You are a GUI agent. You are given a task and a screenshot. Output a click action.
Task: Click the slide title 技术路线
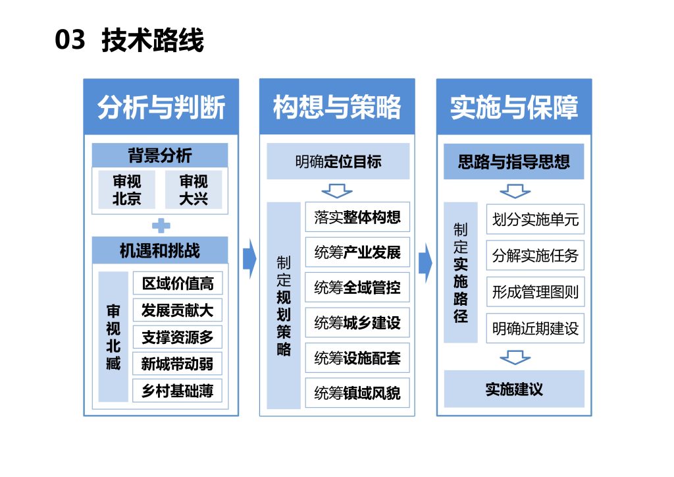pyautogui.click(x=153, y=41)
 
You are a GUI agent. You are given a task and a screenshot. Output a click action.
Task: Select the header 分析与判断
pyautogui.click(x=161, y=107)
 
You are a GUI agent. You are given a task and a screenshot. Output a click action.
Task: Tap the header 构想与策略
pyautogui.click(x=337, y=107)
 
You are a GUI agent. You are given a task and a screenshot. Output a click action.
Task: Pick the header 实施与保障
pyautogui.click(x=514, y=107)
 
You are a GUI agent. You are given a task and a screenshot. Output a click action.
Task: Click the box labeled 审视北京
pyautogui.click(x=126, y=190)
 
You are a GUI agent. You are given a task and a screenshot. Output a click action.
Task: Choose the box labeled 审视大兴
pyautogui.click(x=193, y=190)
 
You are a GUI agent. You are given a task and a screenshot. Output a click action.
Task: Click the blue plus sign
pyautogui.click(x=161, y=226)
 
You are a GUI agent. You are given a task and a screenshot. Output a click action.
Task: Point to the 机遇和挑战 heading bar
pyautogui.click(x=160, y=250)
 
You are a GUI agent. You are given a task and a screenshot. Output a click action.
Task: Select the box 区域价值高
pyautogui.click(x=178, y=283)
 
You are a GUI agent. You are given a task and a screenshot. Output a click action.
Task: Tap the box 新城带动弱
pyautogui.click(x=178, y=364)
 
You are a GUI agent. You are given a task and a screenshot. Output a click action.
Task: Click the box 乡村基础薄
pyautogui.click(x=178, y=391)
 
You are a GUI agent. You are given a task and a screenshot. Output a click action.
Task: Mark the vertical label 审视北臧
pyautogui.click(x=113, y=336)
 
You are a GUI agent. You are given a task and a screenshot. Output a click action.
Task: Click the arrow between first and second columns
pyautogui.click(x=249, y=259)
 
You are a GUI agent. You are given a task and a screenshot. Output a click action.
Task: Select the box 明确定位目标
pyautogui.click(x=338, y=162)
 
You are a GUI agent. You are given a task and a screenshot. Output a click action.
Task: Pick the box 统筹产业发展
pyautogui.click(x=357, y=252)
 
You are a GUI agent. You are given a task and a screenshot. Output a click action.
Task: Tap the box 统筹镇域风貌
pyautogui.click(x=357, y=393)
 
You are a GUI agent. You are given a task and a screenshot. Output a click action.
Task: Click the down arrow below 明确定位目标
pyautogui.click(x=337, y=192)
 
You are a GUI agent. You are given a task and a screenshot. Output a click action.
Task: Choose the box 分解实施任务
pyautogui.click(x=535, y=255)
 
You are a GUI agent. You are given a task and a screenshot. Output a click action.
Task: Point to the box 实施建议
pyautogui.click(x=514, y=389)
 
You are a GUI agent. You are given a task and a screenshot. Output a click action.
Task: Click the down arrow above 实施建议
pyautogui.click(x=515, y=358)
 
